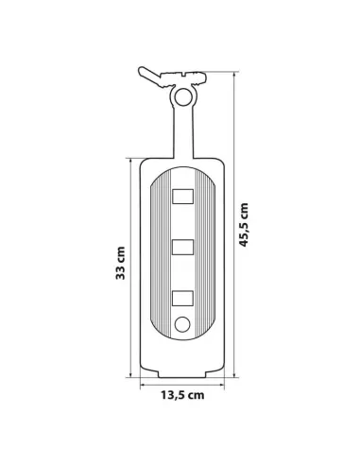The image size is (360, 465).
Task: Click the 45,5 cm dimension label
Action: [244, 225]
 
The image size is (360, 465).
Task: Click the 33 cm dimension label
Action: [120, 263]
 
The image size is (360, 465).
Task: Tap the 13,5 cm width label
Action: [182, 395]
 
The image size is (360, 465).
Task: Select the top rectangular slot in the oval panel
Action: [182, 197]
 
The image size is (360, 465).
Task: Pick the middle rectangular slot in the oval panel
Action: [182, 247]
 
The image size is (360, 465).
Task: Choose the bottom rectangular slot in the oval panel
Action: [182, 298]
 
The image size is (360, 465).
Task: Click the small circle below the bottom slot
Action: [182, 324]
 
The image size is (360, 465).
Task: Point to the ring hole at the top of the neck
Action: [183, 96]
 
